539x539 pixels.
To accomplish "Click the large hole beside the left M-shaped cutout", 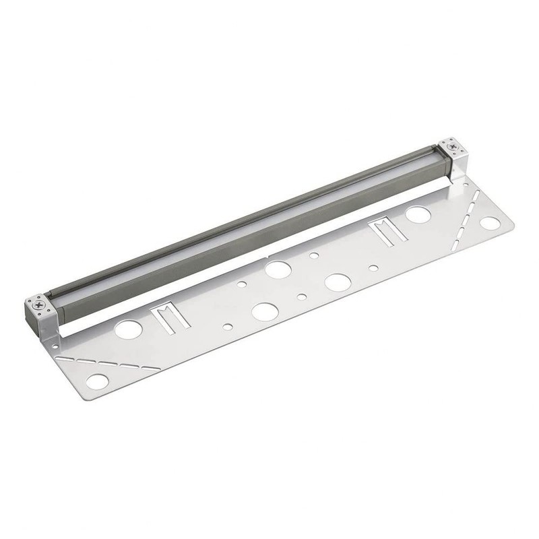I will point(128,329).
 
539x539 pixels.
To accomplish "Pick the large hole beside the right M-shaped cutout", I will point(418,215).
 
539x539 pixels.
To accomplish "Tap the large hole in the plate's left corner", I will point(97,381).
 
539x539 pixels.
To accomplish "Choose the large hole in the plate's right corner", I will point(490,222).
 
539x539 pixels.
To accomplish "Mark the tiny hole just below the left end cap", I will point(55,346).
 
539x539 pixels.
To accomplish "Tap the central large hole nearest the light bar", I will point(278,269).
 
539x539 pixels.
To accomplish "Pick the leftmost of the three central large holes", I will point(265,311).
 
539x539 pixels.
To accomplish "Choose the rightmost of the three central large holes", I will point(337,282).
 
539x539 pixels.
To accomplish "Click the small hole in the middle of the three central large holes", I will point(302,296).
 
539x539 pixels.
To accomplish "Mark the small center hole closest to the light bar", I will point(314,255).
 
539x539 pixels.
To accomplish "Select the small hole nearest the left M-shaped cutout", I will point(227,327).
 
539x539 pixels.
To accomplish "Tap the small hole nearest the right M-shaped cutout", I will point(373,267).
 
